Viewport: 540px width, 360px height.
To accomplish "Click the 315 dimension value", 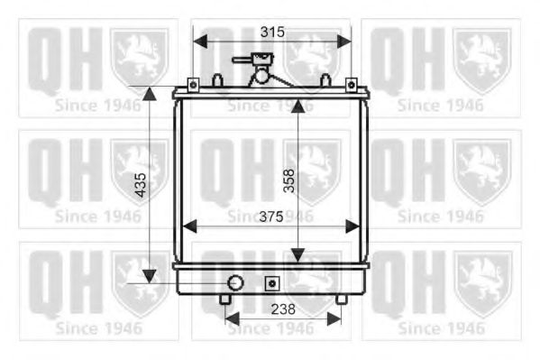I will (x=272, y=32).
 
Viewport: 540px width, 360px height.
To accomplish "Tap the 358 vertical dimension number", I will (x=288, y=181).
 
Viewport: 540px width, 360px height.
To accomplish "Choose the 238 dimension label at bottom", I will (x=282, y=308).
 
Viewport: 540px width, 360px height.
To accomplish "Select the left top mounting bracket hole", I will (x=192, y=85).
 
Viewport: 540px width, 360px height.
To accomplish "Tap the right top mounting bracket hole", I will (x=350, y=85).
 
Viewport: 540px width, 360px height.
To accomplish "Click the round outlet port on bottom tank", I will (x=234, y=282).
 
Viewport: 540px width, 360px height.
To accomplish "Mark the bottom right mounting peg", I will (x=341, y=299).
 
